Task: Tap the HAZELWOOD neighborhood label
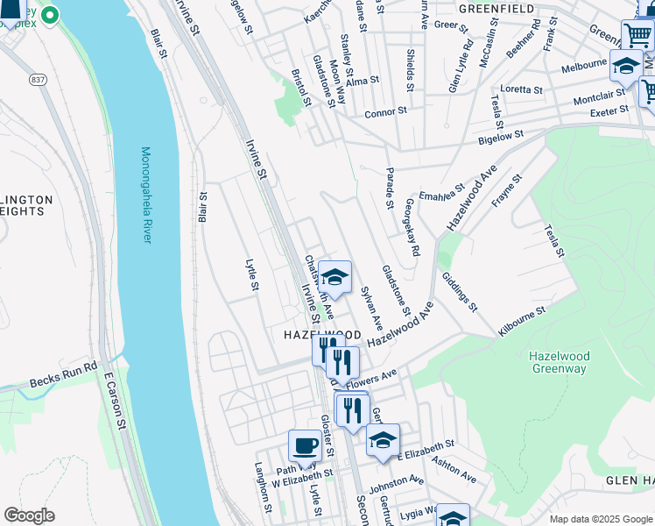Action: click(x=322, y=336)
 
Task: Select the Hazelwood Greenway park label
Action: click(x=560, y=363)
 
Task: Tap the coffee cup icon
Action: click(x=305, y=445)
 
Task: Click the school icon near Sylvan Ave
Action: click(x=334, y=277)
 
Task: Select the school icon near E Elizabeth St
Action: click(x=383, y=440)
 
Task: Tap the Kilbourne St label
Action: click(x=522, y=320)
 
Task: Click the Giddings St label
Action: click(x=460, y=291)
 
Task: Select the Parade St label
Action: click(x=390, y=188)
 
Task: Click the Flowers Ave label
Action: click(x=371, y=380)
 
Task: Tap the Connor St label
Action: click(x=386, y=112)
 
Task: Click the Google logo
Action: click(x=30, y=515)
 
